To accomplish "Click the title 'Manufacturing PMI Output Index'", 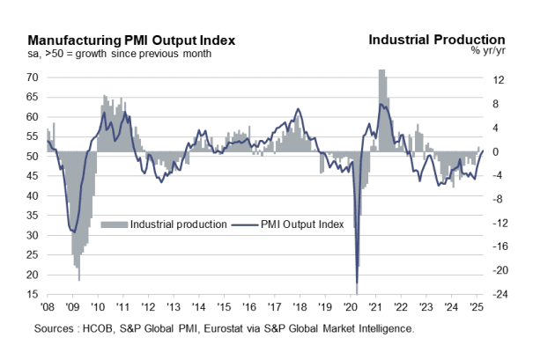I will tap(131, 40).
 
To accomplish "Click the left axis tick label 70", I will tap(33, 77).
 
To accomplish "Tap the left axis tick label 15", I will tap(33, 295).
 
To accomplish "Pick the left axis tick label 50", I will tap(33, 157).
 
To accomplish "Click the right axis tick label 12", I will tap(498, 81).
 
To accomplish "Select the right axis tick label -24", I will tap(498, 295).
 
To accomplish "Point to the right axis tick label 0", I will tap(496, 152).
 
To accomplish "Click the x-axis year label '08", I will tap(49, 308).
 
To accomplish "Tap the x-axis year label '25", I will tap(477, 308).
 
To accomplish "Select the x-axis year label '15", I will tap(226, 308).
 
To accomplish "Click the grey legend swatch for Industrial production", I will tap(115, 224).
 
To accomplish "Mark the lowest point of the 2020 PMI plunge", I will tap(357, 283).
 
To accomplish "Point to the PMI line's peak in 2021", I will tap(381, 104).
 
